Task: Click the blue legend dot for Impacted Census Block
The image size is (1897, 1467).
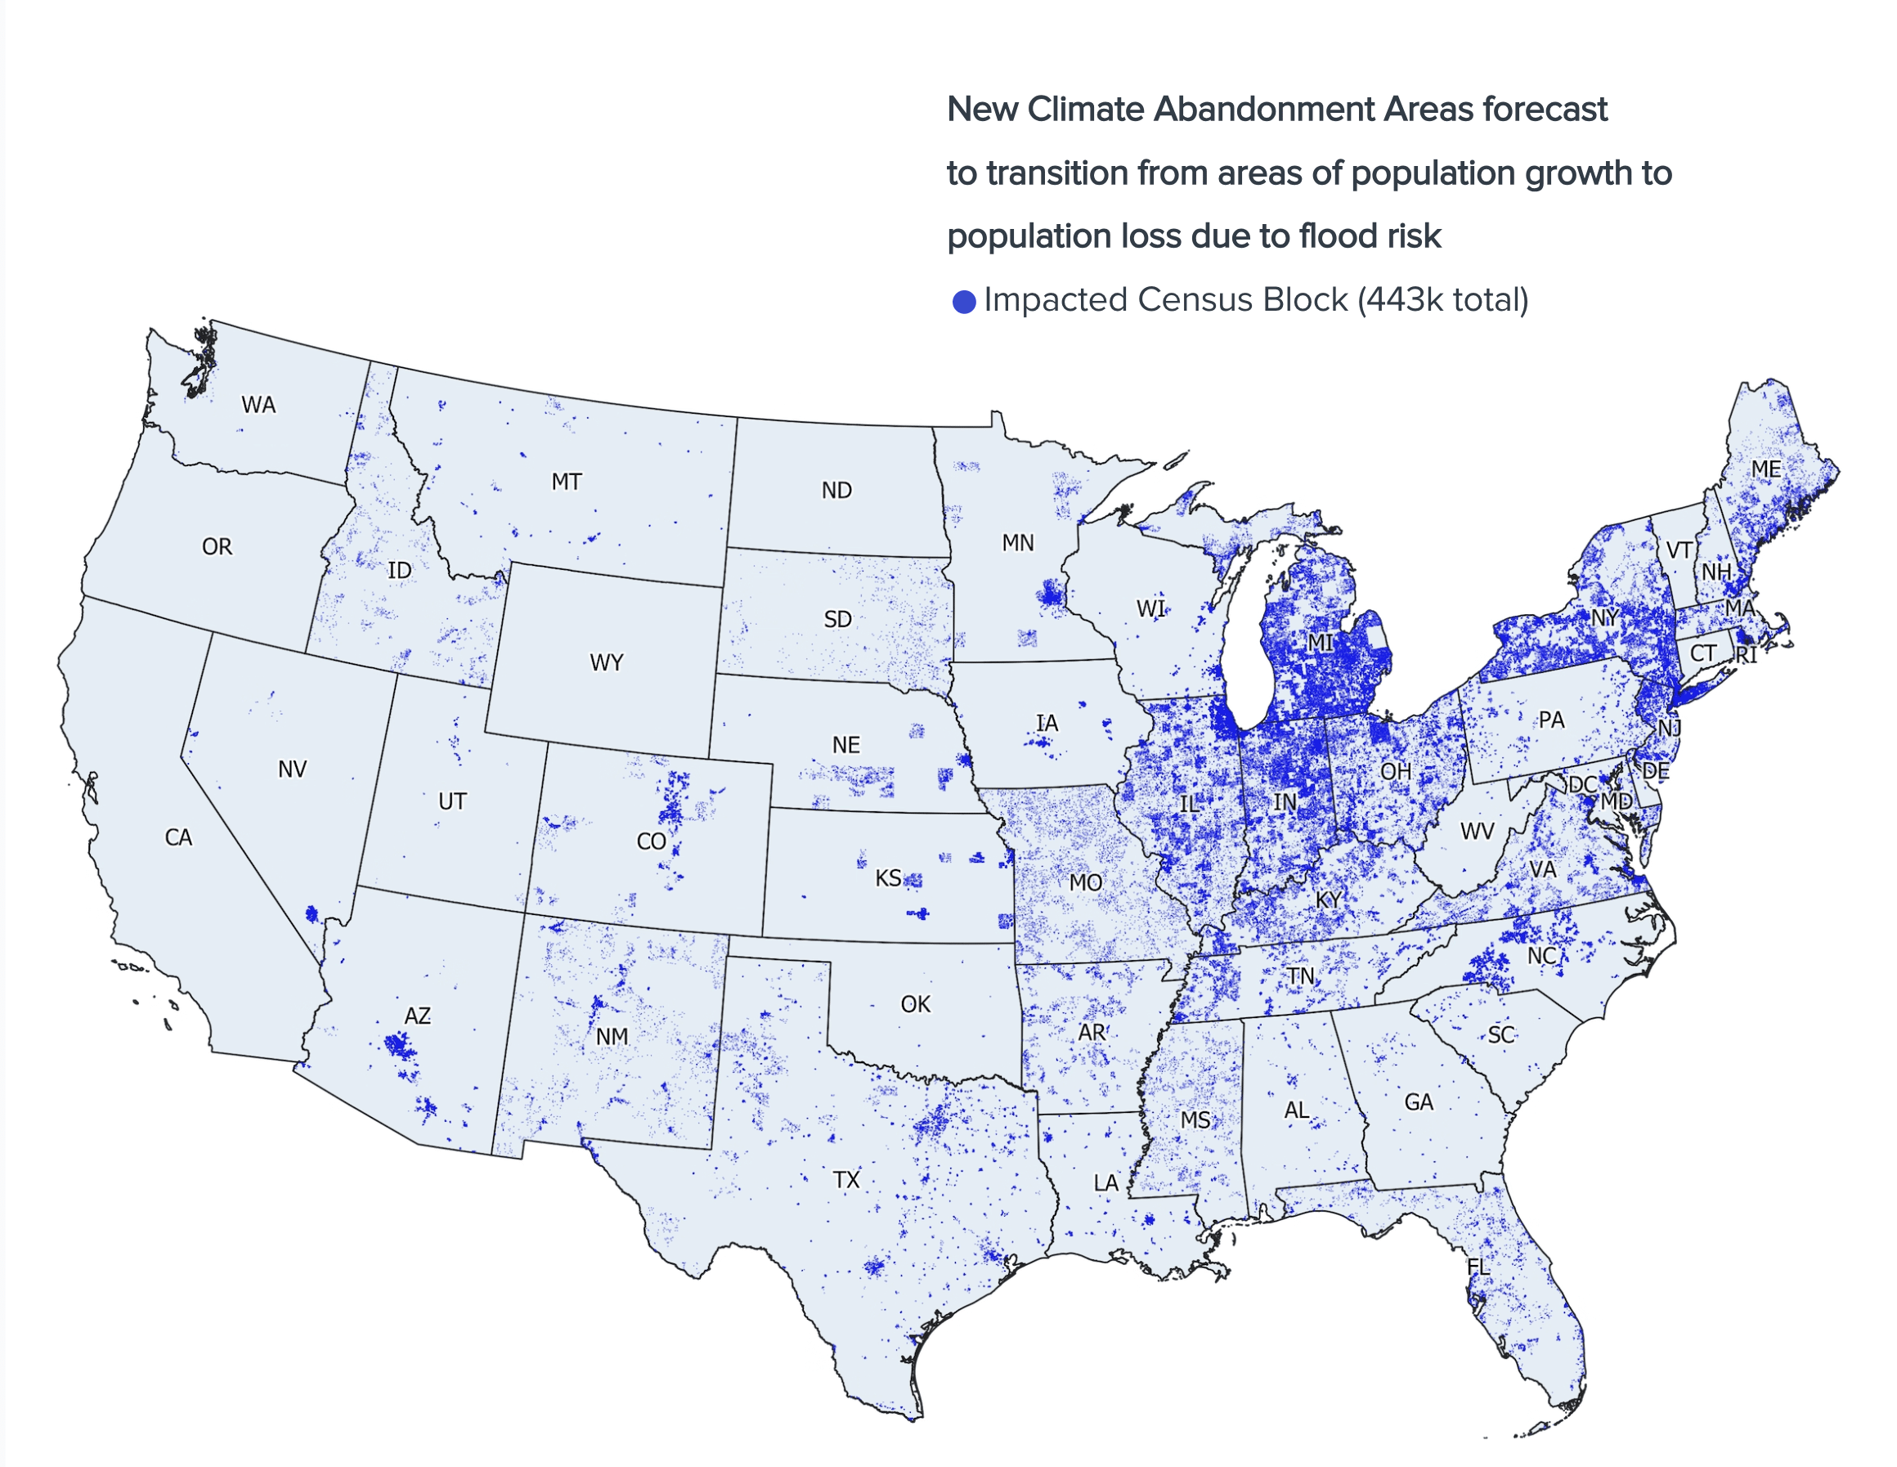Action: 963,302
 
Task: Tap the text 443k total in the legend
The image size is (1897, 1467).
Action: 1442,299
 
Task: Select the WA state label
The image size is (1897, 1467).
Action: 258,405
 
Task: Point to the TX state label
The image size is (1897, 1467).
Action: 846,1179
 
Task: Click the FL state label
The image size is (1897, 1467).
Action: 1478,1267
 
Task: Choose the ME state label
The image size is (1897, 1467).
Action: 1766,470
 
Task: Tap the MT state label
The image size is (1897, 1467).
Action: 567,482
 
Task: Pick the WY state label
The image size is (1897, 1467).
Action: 606,662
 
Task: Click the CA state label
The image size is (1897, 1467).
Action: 178,837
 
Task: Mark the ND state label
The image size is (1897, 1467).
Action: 836,491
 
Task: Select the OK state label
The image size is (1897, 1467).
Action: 916,1004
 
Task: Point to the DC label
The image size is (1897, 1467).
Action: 1582,784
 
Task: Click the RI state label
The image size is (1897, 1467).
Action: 1746,655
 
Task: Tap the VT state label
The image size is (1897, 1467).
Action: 1678,550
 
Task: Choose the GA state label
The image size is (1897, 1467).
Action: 1419,1102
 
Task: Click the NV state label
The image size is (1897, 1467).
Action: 292,769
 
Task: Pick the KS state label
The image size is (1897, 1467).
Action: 888,878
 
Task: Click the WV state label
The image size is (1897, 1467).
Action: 1477,831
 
